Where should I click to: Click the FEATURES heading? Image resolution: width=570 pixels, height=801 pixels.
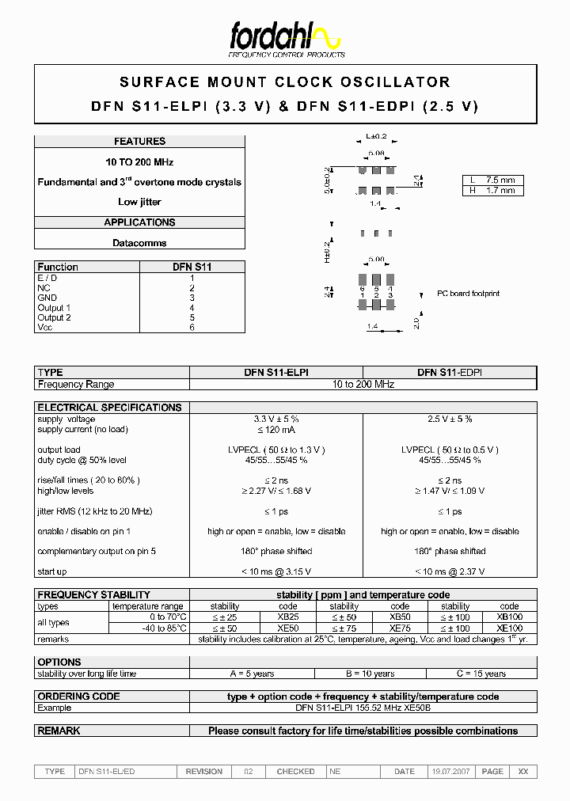click(x=139, y=142)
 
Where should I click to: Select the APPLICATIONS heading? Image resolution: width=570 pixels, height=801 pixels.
click(x=139, y=222)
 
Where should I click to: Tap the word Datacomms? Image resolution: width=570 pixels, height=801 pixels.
click(x=139, y=243)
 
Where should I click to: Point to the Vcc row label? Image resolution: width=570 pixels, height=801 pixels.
click(x=45, y=328)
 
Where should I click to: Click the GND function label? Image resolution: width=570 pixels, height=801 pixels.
click(x=47, y=298)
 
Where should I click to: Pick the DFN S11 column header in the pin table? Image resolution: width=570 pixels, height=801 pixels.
click(x=192, y=268)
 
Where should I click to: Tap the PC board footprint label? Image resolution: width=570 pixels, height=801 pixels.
click(x=469, y=294)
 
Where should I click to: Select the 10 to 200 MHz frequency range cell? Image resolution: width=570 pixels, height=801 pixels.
click(x=363, y=384)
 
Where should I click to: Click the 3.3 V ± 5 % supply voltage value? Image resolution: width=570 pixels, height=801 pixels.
click(x=275, y=419)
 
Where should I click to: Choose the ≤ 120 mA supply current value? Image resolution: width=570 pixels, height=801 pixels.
click(x=275, y=429)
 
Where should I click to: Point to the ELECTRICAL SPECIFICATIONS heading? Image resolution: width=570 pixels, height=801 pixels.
click(x=109, y=408)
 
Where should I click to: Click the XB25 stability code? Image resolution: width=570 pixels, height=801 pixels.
click(x=288, y=617)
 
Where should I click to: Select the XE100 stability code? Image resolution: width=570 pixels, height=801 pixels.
click(x=509, y=628)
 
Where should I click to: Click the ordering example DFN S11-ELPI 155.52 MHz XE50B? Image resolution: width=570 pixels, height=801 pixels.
click(x=363, y=708)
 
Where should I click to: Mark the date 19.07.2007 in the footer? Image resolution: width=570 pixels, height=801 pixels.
click(x=450, y=771)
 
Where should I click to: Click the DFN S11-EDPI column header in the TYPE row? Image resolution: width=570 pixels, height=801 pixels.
click(x=450, y=372)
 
